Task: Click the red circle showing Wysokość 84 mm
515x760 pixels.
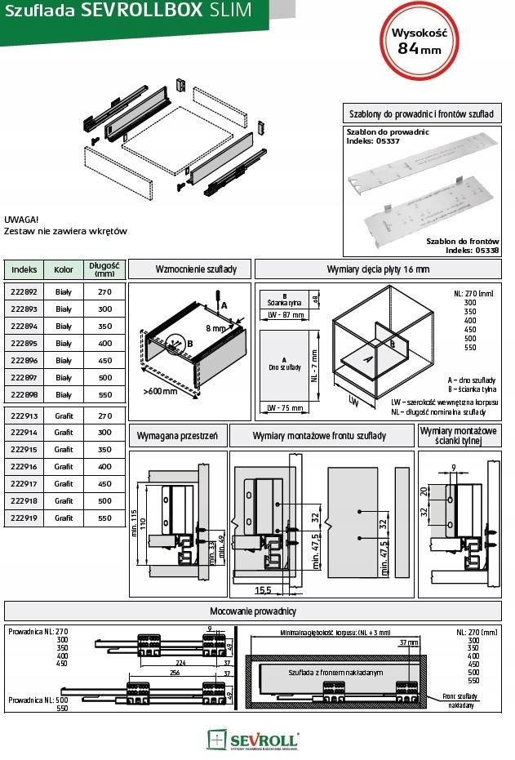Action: tap(420, 40)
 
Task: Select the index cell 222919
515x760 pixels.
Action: tap(24, 518)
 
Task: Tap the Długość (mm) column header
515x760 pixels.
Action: tap(104, 269)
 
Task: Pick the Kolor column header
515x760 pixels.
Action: tap(64, 269)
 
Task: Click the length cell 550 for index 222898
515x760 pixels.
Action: tap(104, 394)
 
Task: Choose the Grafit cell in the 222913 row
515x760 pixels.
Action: tap(64, 416)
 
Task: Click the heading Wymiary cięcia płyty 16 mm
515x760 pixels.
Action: tap(378, 269)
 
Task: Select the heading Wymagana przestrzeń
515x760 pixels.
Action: tap(177, 437)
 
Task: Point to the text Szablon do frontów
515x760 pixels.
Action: tap(462, 242)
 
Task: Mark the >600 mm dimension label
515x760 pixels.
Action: tap(160, 392)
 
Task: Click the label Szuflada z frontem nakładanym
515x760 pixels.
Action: tap(323, 671)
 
